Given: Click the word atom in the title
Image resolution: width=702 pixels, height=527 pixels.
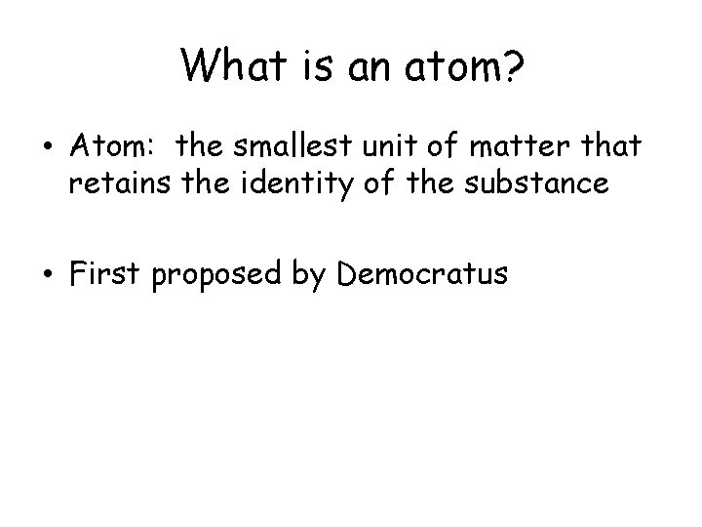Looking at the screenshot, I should (x=436, y=68).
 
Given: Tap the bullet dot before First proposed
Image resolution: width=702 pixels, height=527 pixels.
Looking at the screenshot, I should (x=47, y=274).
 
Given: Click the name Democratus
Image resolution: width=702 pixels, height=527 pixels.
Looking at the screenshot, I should (x=422, y=274).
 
